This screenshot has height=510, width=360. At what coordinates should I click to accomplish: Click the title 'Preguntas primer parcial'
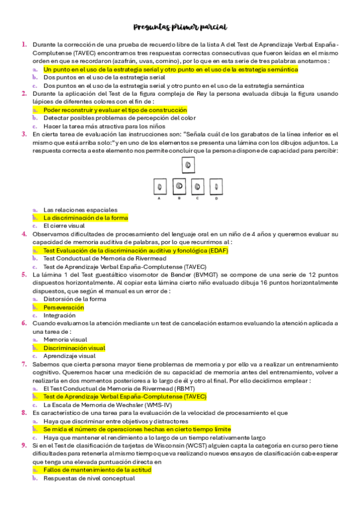(180, 28)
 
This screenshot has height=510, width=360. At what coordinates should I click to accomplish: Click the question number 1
(24, 45)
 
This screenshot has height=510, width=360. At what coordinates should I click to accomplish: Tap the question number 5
(24, 274)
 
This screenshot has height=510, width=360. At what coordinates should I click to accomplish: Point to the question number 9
(24, 445)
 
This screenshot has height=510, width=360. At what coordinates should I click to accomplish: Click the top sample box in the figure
(188, 164)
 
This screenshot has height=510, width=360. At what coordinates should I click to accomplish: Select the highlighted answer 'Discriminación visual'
(75, 348)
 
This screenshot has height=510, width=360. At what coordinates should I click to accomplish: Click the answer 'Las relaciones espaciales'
(77, 209)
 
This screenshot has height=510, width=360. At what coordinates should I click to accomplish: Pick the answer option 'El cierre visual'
(64, 226)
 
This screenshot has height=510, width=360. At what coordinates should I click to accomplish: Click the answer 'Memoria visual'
(65, 339)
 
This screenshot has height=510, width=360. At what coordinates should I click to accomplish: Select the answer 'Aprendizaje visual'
(69, 355)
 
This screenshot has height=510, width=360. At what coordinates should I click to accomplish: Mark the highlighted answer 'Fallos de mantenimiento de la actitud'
(97, 470)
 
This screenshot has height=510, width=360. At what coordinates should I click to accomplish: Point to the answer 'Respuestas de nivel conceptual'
(89, 478)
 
